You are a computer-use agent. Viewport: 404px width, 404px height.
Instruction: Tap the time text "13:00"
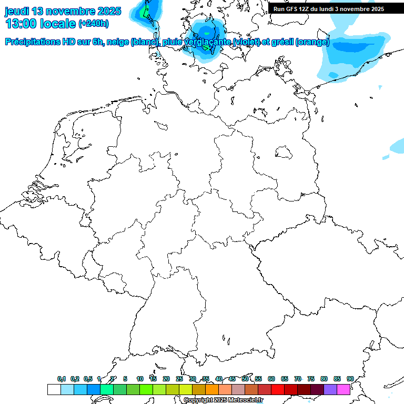click(21, 24)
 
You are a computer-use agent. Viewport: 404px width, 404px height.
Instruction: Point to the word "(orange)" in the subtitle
click(312, 42)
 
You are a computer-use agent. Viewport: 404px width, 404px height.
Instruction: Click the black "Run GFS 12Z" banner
click(329, 9)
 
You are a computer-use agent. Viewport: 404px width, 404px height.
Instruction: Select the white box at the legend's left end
click(54, 389)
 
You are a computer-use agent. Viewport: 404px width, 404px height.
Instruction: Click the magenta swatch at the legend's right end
click(344, 389)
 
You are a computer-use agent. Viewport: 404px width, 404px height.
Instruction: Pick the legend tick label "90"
click(350, 379)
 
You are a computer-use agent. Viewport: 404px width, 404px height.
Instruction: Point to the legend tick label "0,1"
click(62, 379)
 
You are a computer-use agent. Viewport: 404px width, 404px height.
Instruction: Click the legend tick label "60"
click(271, 379)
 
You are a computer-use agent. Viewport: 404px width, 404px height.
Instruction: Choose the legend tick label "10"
click(140, 379)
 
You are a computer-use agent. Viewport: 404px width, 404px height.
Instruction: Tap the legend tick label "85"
click(337, 379)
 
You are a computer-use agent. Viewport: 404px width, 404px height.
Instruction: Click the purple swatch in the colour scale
click(330, 389)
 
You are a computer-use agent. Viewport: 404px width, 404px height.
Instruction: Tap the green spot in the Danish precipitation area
click(206, 47)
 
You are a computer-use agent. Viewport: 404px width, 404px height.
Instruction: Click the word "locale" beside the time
click(58, 24)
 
